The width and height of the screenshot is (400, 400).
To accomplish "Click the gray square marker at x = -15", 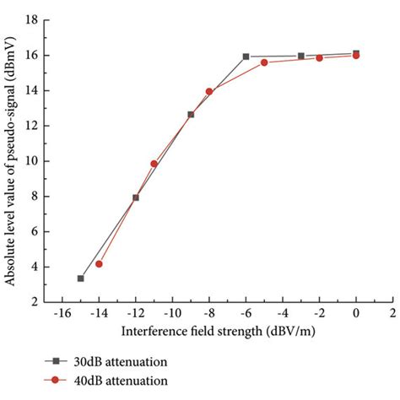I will tap(80, 278).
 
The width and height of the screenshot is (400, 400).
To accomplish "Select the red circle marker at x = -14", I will tap(99, 264).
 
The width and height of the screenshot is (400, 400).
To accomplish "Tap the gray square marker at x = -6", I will tap(246, 57).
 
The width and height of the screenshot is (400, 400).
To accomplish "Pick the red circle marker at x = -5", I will tap(264, 62).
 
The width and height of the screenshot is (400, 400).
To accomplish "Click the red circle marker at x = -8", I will tap(209, 91).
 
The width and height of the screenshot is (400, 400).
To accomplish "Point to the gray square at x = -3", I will tap(301, 56).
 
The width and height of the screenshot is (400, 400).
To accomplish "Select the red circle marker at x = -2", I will tap(319, 57).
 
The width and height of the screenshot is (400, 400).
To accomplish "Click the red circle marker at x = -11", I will tap(154, 164).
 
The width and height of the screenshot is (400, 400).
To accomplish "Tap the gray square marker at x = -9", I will tap(191, 114).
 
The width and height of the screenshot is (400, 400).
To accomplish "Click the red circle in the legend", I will tap(55, 381).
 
